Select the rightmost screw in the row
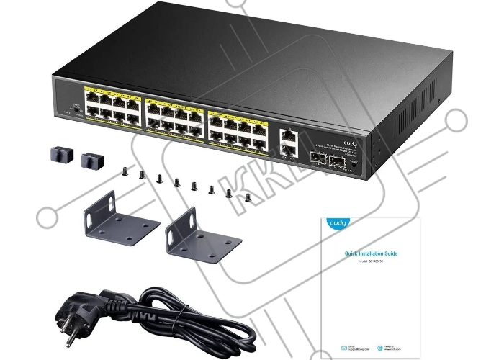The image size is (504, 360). coord(248,197)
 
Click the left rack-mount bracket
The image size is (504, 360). coord(118,220)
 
